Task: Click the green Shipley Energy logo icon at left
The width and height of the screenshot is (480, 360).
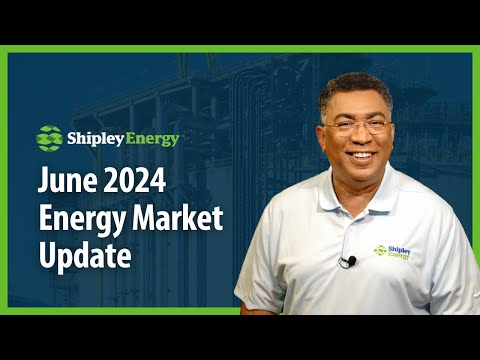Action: click(x=49, y=136)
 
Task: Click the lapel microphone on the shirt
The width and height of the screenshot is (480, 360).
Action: click(x=347, y=261)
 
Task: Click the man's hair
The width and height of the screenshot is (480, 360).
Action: click(x=355, y=87)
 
